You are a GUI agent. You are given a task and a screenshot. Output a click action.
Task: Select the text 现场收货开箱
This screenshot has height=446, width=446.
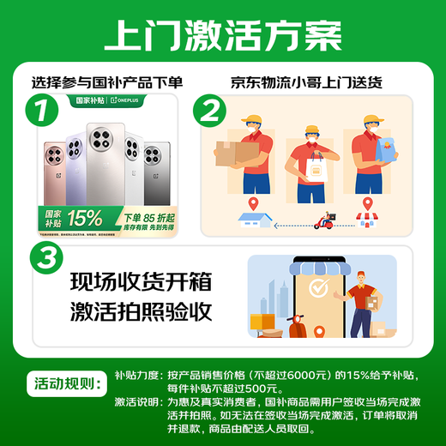[139, 281]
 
